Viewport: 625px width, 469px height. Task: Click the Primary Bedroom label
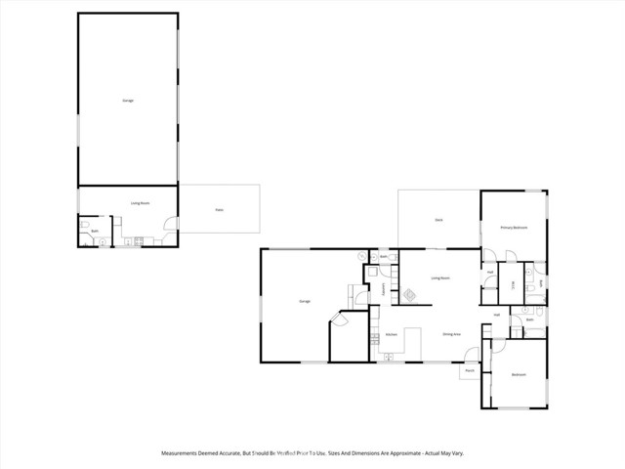click(514, 228)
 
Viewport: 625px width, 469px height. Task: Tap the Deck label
click(439, 220)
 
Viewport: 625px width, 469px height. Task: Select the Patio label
click(219, 209)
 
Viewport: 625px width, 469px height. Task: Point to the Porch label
click(469, 370)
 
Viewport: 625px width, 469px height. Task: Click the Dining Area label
click(451, 334)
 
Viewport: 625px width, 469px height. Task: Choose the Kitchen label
click(391, 334)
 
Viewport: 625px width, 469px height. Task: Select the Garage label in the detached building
click(128, 102)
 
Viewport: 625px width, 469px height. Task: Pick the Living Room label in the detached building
click(140, 203)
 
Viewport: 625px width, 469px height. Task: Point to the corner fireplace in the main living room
click(409, 294)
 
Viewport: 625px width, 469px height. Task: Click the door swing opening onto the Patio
click(172, 224)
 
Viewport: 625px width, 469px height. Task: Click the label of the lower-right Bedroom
click(518, 374)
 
